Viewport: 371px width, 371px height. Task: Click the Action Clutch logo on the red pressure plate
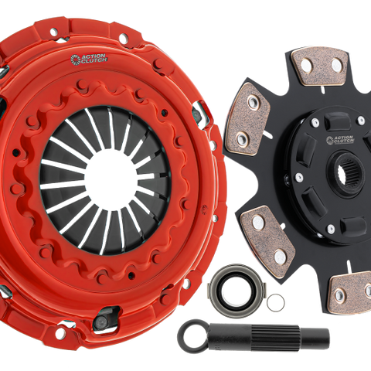[89, 59]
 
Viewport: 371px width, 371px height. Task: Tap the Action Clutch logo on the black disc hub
[340, 140]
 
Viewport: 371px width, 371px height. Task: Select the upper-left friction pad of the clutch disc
[248, 119]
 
